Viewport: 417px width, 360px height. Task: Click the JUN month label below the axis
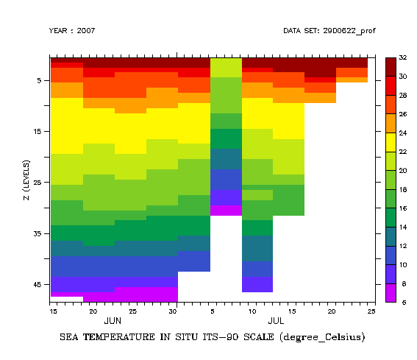[x=113, y=322]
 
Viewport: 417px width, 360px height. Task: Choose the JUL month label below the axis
[x=276, y=322]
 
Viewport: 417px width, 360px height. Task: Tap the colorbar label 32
[x=403, y=57]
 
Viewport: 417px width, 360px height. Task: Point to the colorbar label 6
[x=402, y=302]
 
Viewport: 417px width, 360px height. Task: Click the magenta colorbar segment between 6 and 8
[x=391, y=292]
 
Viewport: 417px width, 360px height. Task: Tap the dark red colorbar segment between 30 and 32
[x=391, y=66]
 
